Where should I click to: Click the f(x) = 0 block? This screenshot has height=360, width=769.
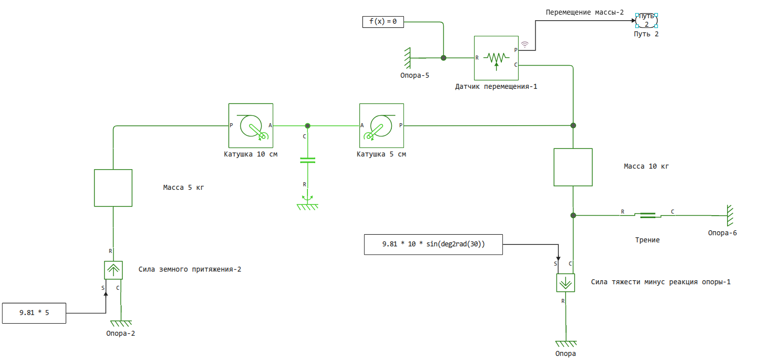pyautogui.click(x=383, y=22)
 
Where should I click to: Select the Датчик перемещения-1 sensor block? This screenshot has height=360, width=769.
pyautogui.click(x=496, y=58)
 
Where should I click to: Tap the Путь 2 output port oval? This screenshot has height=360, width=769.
pyautogui.click(x=646, y=20)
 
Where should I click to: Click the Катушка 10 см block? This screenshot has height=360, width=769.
pyautogui.click(x=250, y=125)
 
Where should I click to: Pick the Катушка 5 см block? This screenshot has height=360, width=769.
pyautogui.click(x=382, y=125)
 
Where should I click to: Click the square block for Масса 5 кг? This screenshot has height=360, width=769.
pyautogui.click(x=113, y=188)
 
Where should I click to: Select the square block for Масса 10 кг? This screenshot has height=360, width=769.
pyautogui.click(x=573, y=167)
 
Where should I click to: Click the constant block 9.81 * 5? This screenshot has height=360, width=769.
pyautogui.click(x=34, y=313)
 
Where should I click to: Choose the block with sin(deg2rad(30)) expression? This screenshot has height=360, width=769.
pyautogui.click(x=433, y=244)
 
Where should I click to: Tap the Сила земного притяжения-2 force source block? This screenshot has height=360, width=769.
pyautogui.click(x=113, y=270)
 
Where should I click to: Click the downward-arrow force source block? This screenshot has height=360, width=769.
pyautogui.click(x=566, y=283)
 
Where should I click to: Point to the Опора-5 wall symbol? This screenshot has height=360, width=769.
pyautogui.click(x=407, y=58)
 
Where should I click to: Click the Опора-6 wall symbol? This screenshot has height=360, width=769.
pyautogui.click(x=729, y=216)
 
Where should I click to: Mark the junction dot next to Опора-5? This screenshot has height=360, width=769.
pyautogui.click(x=443, y=58)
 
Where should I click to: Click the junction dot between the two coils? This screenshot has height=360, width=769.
pyautogui.click(x=307, y=125)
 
